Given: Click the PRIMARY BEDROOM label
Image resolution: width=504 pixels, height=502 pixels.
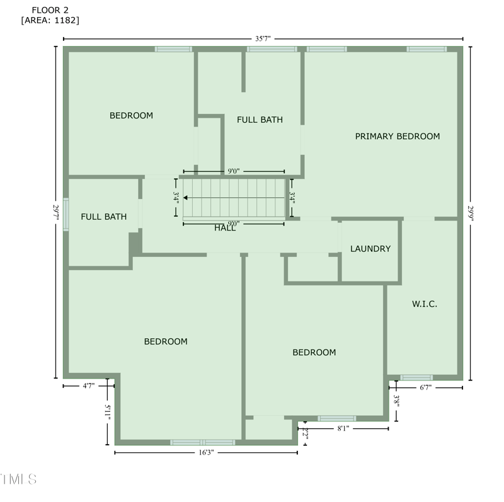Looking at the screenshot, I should tap(397, 136).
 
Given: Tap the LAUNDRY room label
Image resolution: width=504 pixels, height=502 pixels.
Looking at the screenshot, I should tap(370, 249).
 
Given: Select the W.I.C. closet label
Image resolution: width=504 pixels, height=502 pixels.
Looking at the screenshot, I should tap(425, 304).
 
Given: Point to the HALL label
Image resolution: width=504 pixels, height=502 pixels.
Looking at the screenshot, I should tap(225, 228).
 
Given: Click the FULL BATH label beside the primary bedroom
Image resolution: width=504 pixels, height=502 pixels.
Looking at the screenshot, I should tap(260, 119).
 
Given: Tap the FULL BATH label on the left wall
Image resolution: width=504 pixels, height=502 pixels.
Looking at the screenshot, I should tap(104, 217).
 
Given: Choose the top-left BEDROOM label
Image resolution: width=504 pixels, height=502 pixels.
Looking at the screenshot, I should tap(131, 115).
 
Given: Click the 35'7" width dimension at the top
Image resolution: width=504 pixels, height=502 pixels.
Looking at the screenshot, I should tap(263, 38).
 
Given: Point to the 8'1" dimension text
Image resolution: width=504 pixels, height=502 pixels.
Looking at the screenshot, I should tap(343, 428).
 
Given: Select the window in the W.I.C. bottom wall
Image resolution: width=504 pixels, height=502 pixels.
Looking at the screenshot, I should tap(416, 377).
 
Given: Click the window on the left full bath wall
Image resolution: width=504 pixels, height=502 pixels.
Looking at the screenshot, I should tap(66, 215).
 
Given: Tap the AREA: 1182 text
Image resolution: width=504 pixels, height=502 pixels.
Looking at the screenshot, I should tap(50, 20).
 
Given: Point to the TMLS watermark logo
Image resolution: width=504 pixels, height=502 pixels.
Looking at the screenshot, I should tap(19, 479).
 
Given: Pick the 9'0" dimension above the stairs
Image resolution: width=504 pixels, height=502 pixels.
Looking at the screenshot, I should tap(233, 171).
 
